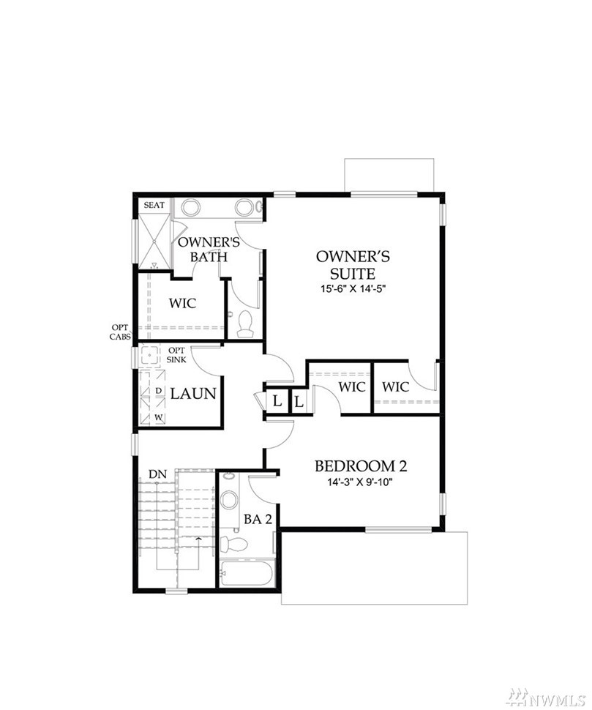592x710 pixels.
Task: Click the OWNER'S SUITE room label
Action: pyautogui.click(x=353, y=265)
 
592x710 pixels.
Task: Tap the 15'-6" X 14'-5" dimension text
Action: pyautogui.click(x=353, y=288)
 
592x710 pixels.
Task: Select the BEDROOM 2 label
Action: pyautogui.click(x=361, y=466)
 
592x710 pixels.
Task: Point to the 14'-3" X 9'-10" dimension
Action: pyautogui.click(x=360, y=482)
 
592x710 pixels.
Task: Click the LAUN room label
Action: pyautogui.click(x=193, y=394)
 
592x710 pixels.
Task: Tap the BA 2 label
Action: pyautogui.click(x=258, y=520)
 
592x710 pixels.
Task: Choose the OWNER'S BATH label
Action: pyautogui.click(x=209, y=250)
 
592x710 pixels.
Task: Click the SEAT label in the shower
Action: pyautogui.click(x=154, y=205)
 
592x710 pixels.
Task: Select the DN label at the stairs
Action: pyautogui.click(x=158, y=474)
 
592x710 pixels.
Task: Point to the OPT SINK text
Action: pyautogui.click(x=176, y=355)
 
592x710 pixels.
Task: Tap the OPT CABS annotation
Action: pyautogui.click(x=121, y=332)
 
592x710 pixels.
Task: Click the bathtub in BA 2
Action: pyautogui.click(x=246, y=574)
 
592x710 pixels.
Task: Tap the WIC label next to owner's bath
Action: pyautogui.click(x=183, y=303)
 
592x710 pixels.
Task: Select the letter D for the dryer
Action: pyautogui.click(x=159, y=390)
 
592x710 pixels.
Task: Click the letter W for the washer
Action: pyautogui.click(x=159, y=418)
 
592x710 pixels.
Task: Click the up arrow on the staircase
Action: pyautogui.click(x=198, y=539)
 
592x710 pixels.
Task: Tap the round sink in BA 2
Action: pyautogui.click(x=229, y=501)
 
